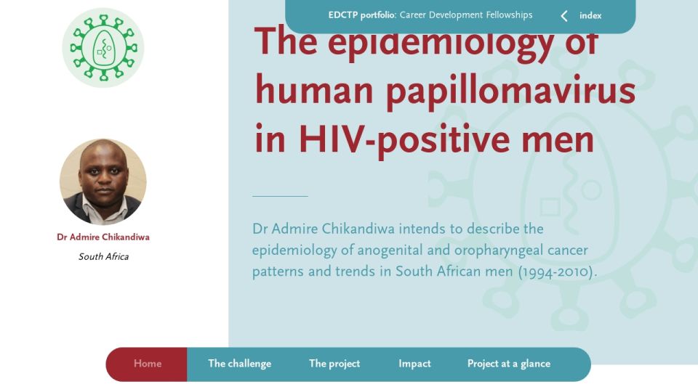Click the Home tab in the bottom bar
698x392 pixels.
(x=148, y=364)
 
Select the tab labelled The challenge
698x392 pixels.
(x=239, y=364)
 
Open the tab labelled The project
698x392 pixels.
(x=334, y=364)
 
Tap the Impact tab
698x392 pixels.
(x=414, y=364)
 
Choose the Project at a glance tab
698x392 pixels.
(x=509, y=364)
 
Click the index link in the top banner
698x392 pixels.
(x=590, y=15)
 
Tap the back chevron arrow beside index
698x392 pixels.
(x=564, y=16)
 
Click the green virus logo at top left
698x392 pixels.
(x=103, y=48)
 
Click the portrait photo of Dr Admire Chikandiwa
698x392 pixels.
(x=103, y=181)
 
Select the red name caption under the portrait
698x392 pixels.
(x=103, y=237)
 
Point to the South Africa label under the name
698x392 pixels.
(x=104, y=256)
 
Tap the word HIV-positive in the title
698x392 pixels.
(x=404, y=139)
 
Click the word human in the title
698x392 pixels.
(x=314, y=90)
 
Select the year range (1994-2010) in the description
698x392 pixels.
(x=558, y=271)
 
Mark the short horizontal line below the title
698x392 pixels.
(x=280, y=196)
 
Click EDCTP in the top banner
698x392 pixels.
(x=343, y=15)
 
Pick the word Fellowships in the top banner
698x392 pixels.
(x=509, y=15)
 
